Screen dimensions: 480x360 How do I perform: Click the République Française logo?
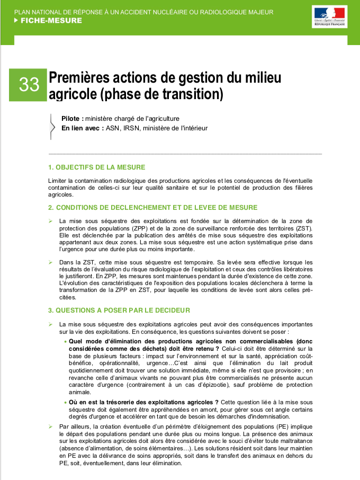pyautogui.click(x=329, y=17)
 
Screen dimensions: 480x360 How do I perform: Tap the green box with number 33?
pyautogui.click(x=29, y=84)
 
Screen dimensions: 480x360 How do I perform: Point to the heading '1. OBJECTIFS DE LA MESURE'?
pyautogui.click(x=96, y=167)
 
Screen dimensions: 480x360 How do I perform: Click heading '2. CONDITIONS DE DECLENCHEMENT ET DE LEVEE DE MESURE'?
pyautogui.click(x=152, y=207)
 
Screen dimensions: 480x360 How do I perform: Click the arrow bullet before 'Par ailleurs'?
pyautogui.click(x=50, y=426)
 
